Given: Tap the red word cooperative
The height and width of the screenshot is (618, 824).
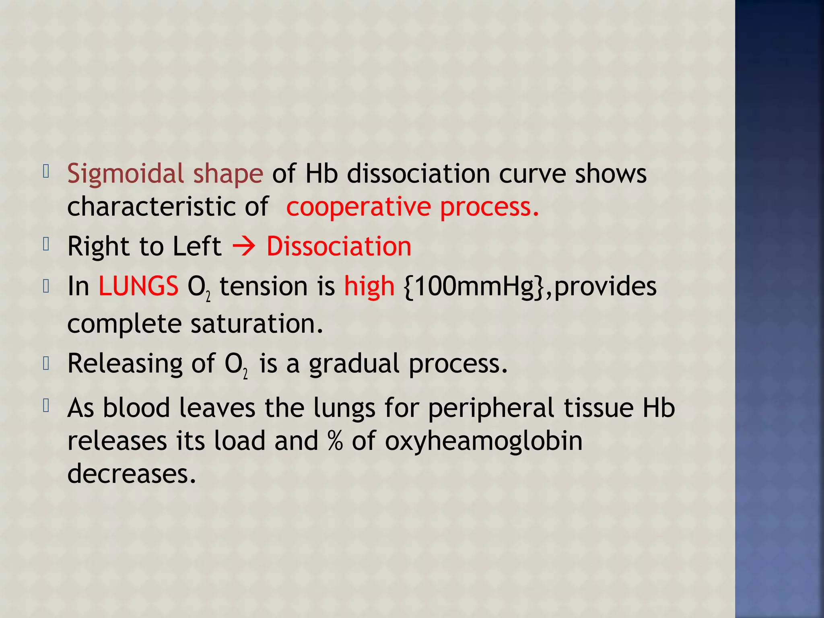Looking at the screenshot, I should click(358, 207).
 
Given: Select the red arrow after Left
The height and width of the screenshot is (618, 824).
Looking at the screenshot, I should click(244, 246).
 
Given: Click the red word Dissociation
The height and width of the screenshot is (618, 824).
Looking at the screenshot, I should click(339, 246).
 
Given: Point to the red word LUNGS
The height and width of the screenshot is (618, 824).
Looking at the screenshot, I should click(138, 286).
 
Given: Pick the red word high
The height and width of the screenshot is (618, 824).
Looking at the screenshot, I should click(369, 287).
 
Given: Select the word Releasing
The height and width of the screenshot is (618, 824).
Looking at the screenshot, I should click(125, 364).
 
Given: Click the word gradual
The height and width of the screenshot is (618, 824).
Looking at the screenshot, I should click(354, 364).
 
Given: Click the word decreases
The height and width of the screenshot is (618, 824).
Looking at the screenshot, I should click(132, 474).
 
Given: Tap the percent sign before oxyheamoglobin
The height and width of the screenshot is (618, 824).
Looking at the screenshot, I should click(335, 441).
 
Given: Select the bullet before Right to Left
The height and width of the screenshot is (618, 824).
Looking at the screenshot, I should click(46, 244).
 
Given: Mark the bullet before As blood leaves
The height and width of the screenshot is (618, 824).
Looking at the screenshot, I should click(46, 406).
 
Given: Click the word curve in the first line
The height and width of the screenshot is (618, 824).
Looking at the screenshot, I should click(532, 174).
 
